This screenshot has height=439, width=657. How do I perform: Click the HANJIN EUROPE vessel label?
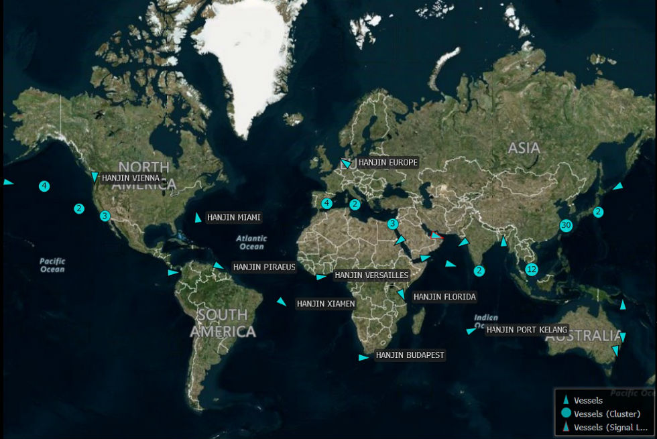pyautogui.click(x=387, y=162)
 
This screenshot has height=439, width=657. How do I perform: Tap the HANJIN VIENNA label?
pyautogui.click(x=131, y=178)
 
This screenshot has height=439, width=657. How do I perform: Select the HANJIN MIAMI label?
pyautogui.click(x=233, y=217)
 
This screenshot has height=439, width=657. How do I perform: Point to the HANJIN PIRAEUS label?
pyautogui.click(x=264, y=267)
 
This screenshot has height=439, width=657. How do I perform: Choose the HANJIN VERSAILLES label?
pyautogui.click(x=371, y=275)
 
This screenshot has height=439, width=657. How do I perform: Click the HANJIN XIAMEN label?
pyautogui.click(x=326, y=304)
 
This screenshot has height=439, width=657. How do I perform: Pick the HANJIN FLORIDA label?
pyautogui.click(x=444, y=296)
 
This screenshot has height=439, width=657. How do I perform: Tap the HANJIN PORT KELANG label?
pyautogui.click(x=527, y=329)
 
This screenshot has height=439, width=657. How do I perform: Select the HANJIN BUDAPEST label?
pyautogui.click(x=410, y=355)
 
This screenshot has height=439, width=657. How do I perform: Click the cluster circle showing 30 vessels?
pyautogui.click(x=566, y=225)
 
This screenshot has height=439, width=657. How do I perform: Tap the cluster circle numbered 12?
pyautogui.click(x=532, y=269)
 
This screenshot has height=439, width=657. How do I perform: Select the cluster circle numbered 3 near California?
pyautogui.click(x=105, y=216)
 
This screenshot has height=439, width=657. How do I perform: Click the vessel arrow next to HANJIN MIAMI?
pyautogui.click(x=198, y=218)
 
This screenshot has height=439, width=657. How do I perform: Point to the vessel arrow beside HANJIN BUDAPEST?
pyautogui.click(x=363, y=357)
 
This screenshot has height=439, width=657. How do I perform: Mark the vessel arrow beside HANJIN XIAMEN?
pyautogui.click(x=282, y=302)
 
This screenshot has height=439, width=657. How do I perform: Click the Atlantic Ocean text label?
pyautogui.click(x=251, y=242)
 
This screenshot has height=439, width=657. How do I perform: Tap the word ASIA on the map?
pyautogui.click(x=524, y=147)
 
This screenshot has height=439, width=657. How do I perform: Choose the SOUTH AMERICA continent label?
pyautogui.click(x=223, y=322)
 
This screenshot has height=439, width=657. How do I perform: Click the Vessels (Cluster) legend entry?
pyautogui.click(x=607, y=414)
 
